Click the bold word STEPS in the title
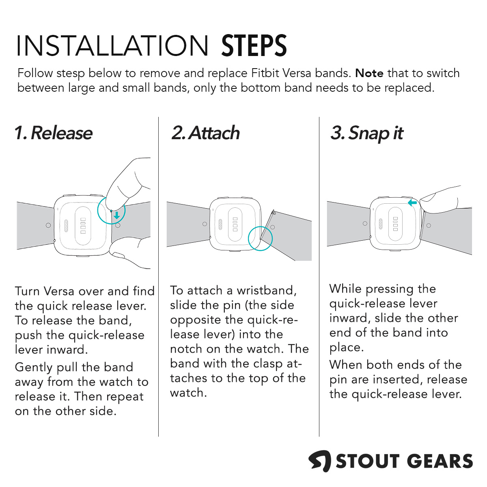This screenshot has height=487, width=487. coord(254,46)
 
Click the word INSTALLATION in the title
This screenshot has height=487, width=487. coord(112,46)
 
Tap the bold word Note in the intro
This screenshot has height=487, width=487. coord(369,73)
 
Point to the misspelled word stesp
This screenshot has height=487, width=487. coord(71,74)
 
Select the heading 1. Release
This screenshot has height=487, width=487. coord(54,133)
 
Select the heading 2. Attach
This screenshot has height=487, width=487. coord(205,133)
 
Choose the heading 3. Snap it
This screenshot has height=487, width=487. coord(367,134)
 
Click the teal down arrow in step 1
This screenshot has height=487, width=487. coord(116,215)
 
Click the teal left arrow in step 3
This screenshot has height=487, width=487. coord(412,203)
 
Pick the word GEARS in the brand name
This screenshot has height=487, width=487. coord(440,461)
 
